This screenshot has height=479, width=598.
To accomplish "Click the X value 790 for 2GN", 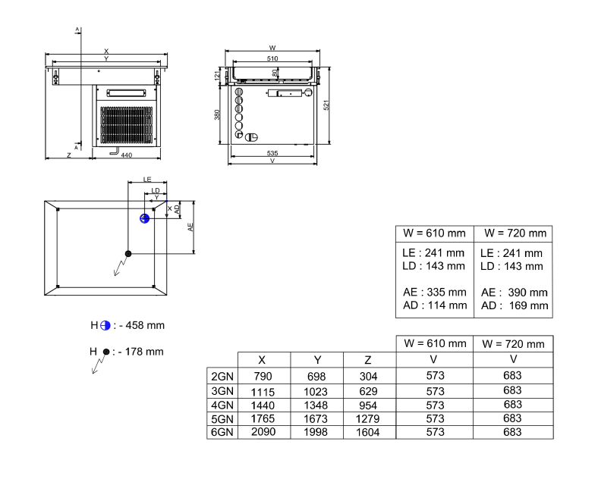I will pyautogui.click(x=263, y=376).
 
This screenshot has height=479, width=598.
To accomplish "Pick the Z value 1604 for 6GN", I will pyautogui.click(x=369, y=432).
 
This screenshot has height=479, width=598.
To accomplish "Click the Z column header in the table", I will pyautogui.click(x=369, y=360).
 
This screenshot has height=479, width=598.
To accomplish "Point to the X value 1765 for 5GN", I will pyautogui.click(x=263, y=418).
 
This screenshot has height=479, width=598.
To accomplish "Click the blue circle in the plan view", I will pyautogui.click(x=143, y=218).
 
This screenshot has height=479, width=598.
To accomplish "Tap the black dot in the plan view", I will pyautogui.click(x=128, y=253).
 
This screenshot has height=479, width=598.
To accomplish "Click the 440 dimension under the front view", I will pyautogui.click(x=127, y=155).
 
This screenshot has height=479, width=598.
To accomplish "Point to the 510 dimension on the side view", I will pyautogui.click(x=272, y=58).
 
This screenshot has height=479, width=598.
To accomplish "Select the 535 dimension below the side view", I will pyautogui.click(x=272, y=153).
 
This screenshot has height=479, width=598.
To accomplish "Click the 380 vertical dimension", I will pyautogui.click(x=217, y=114).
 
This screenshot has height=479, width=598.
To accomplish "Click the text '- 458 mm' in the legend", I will pyautogui.click(x=141, y=325).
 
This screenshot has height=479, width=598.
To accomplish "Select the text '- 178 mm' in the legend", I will pyautogui.click(x=141, y=352).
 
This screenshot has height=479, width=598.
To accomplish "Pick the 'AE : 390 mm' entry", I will pyautogui.click(x=514, y=292).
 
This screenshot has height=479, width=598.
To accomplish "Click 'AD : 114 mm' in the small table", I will pyautogui.click(x=434, y=305).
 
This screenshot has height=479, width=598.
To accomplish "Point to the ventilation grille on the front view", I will pyautogui.click(x=127, y=124).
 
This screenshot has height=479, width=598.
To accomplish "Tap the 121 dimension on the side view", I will pyautogui.click(x=217, y=76).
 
